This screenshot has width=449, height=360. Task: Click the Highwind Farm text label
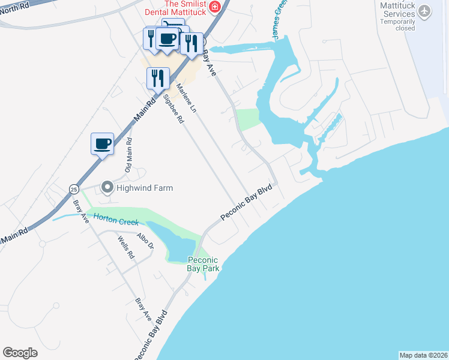(145, 188)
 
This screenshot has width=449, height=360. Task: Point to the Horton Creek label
(115, 221)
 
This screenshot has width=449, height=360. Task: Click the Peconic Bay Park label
(203, 264)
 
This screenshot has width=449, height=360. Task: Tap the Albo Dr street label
(145, 241)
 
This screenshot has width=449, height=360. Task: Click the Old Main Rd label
(128, 155)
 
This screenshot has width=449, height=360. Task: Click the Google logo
(20, 353)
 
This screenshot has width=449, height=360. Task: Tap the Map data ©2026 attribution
(423, 355)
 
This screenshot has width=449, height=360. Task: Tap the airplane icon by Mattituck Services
(425, 10)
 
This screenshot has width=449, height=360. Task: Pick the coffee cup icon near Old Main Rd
(103, 144)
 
